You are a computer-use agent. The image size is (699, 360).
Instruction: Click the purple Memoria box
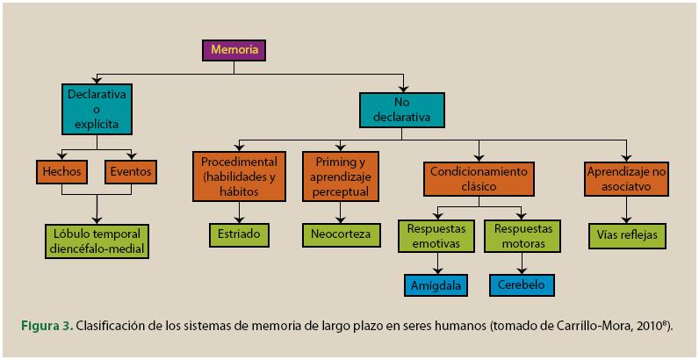coord(234,50)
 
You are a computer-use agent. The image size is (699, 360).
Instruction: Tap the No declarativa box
coord(401,109)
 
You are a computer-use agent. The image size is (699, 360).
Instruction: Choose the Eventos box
coord(129,172)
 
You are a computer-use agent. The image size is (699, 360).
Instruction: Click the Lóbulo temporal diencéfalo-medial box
coord(97,241)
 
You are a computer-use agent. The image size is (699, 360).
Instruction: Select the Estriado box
coord(238,235)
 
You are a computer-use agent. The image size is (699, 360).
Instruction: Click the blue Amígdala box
coord(436,286)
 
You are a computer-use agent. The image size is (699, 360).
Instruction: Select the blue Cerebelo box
coord(522,286)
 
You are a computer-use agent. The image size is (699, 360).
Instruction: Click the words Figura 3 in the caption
coord(45,327)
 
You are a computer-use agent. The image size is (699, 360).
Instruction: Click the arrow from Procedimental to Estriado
coord(239,210)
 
